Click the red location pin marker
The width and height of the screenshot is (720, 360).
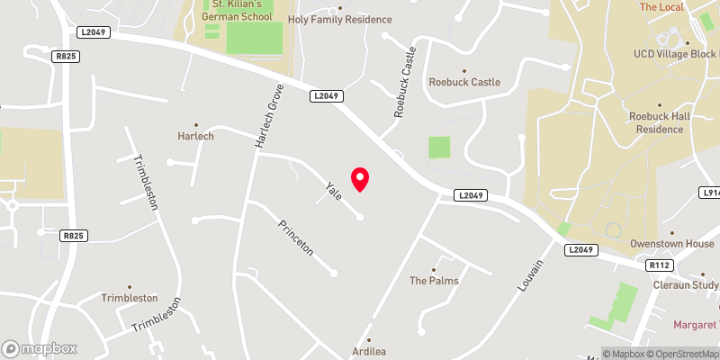pos(360,178)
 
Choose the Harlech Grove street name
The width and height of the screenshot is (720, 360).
pos(269,116)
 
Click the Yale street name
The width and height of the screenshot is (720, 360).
pos(334,190)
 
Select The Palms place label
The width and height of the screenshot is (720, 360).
pos(434,281)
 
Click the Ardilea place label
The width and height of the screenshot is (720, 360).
pos(369,351)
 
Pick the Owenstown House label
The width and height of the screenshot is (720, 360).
pos(671,244)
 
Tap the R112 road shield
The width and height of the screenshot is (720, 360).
pos(660,265)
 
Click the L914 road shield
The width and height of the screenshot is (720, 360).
pos(710,193)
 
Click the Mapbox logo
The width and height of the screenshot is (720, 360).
pos(40,348)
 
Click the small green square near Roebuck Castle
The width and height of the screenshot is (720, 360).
pos(438,147)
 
